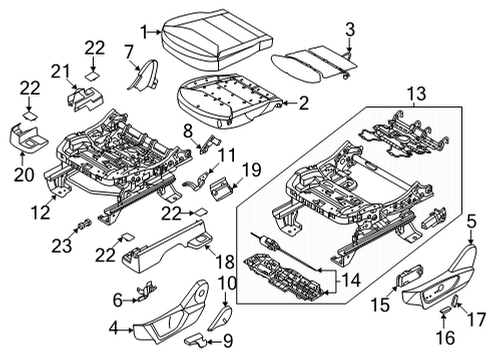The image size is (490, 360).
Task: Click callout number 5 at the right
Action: (471, 222)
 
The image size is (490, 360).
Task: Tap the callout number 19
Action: (251, 169)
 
